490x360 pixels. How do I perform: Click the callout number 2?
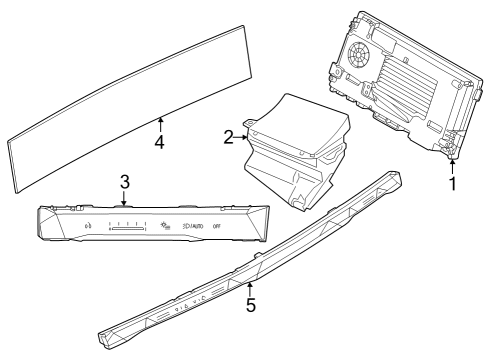click(x=228, y=136)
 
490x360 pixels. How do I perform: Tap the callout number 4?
click(x=159, y=142)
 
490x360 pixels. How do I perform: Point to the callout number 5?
click(x=251, y=305)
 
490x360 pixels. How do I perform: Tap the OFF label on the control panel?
click(x=216, y=226)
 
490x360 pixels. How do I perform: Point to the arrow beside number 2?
click(x=242, y=136)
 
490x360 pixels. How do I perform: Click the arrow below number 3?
click(x=123, y=197)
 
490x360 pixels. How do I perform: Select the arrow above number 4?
click(x=159, y=124)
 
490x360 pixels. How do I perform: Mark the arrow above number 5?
click(x=251, y=288)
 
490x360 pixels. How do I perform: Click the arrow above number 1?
click(x=452, y=165)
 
